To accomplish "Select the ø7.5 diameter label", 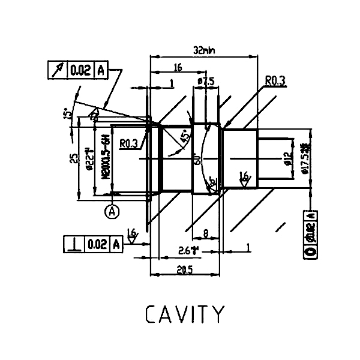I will (x=206, y=80).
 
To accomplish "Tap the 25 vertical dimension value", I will (x=73, y=158).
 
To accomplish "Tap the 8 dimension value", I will (x=206, y=233).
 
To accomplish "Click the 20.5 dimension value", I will (x=184, y=270).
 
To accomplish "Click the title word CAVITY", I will (x=185, y=315).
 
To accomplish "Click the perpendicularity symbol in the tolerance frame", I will (x=74, y=244).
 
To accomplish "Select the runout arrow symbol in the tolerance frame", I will (x=57, y=71).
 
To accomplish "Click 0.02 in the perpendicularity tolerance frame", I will (x=97, y=244).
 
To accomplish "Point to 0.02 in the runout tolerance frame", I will (x=80, y=71).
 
